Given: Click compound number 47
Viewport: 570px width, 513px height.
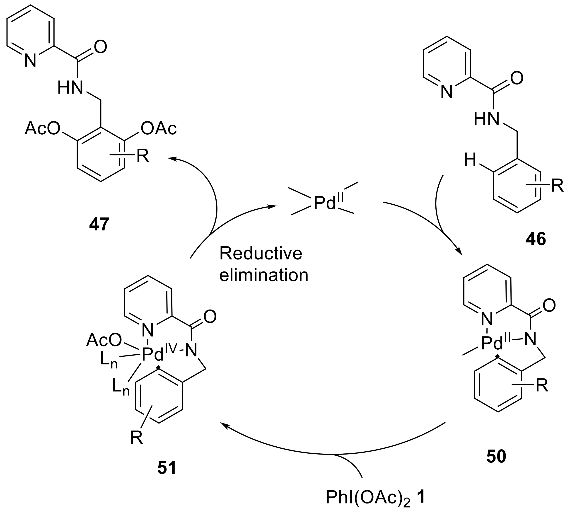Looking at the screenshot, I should click(99, 225).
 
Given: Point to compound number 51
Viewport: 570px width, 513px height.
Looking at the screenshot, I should click(167, 468).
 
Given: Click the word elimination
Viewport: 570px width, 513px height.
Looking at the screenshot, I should click(264, 275).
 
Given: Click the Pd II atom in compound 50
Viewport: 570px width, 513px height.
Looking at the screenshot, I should click(492, 343).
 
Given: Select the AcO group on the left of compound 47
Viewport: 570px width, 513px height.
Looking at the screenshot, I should click(42, 128).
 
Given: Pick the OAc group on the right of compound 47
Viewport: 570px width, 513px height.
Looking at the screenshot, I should click(159, 128).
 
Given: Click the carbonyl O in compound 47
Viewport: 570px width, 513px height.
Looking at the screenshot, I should click(100, 47).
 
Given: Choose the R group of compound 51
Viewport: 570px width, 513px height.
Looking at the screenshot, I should click(137, 438).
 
